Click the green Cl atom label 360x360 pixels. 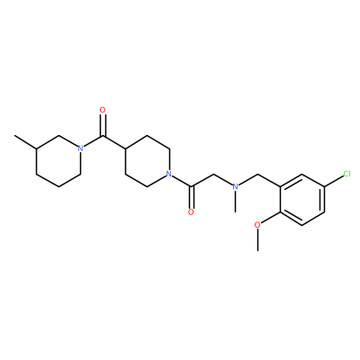click(x=346, y=174)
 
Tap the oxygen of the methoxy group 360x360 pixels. click(x=257, y=225)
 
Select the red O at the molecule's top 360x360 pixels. click(x=103, y=110)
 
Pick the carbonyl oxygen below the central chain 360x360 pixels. click(x=191, y=212)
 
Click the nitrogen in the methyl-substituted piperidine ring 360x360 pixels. click(x=80, y=148)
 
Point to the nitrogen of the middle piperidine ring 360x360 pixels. click(x=168, y=174)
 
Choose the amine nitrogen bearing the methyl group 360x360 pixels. click(x=236, y=186)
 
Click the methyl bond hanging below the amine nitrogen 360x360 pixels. click(x=236, y=202)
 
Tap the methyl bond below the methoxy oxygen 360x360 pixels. click(x=257, y=239)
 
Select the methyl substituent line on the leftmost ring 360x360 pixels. click(x=25, y=142)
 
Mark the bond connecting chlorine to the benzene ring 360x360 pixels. click(x=334, y=181)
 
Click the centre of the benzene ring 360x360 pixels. click(x=302, y=199)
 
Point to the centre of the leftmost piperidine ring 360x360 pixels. click(x=58, y=161)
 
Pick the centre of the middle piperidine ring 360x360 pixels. click(x=147, y=161)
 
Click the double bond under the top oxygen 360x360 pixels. click(x=103, y=125)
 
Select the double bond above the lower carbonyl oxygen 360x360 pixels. click(x=191, y=197)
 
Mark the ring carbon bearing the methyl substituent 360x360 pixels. click(x=36, y=148)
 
